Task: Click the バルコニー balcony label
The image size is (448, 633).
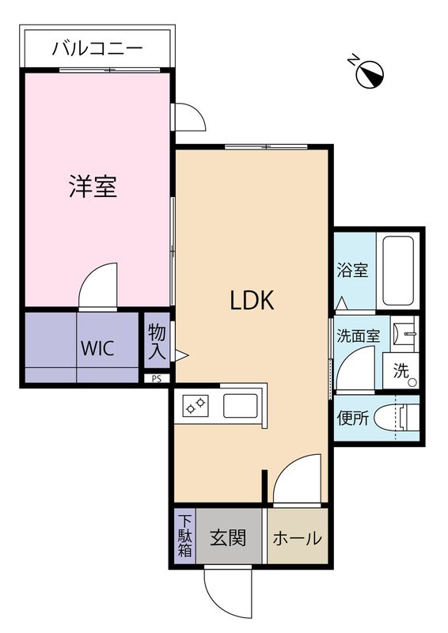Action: pos(97,49)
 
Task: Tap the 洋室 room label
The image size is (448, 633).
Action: pos(93,187)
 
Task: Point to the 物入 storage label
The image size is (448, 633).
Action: pos(157,341)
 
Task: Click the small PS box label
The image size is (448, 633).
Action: pos(157,378)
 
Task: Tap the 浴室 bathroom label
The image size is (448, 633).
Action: pos(352,271)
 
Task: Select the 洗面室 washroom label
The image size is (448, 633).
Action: pos(359,335)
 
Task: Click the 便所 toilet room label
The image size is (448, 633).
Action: pos(352,419)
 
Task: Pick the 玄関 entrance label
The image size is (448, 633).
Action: pos(227,538)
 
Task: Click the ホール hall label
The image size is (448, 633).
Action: pos(298,539)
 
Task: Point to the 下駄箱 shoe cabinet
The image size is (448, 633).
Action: pos(184,538)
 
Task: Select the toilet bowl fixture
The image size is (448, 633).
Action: pos(395,418)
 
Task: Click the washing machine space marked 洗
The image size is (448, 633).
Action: pos(401,370)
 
